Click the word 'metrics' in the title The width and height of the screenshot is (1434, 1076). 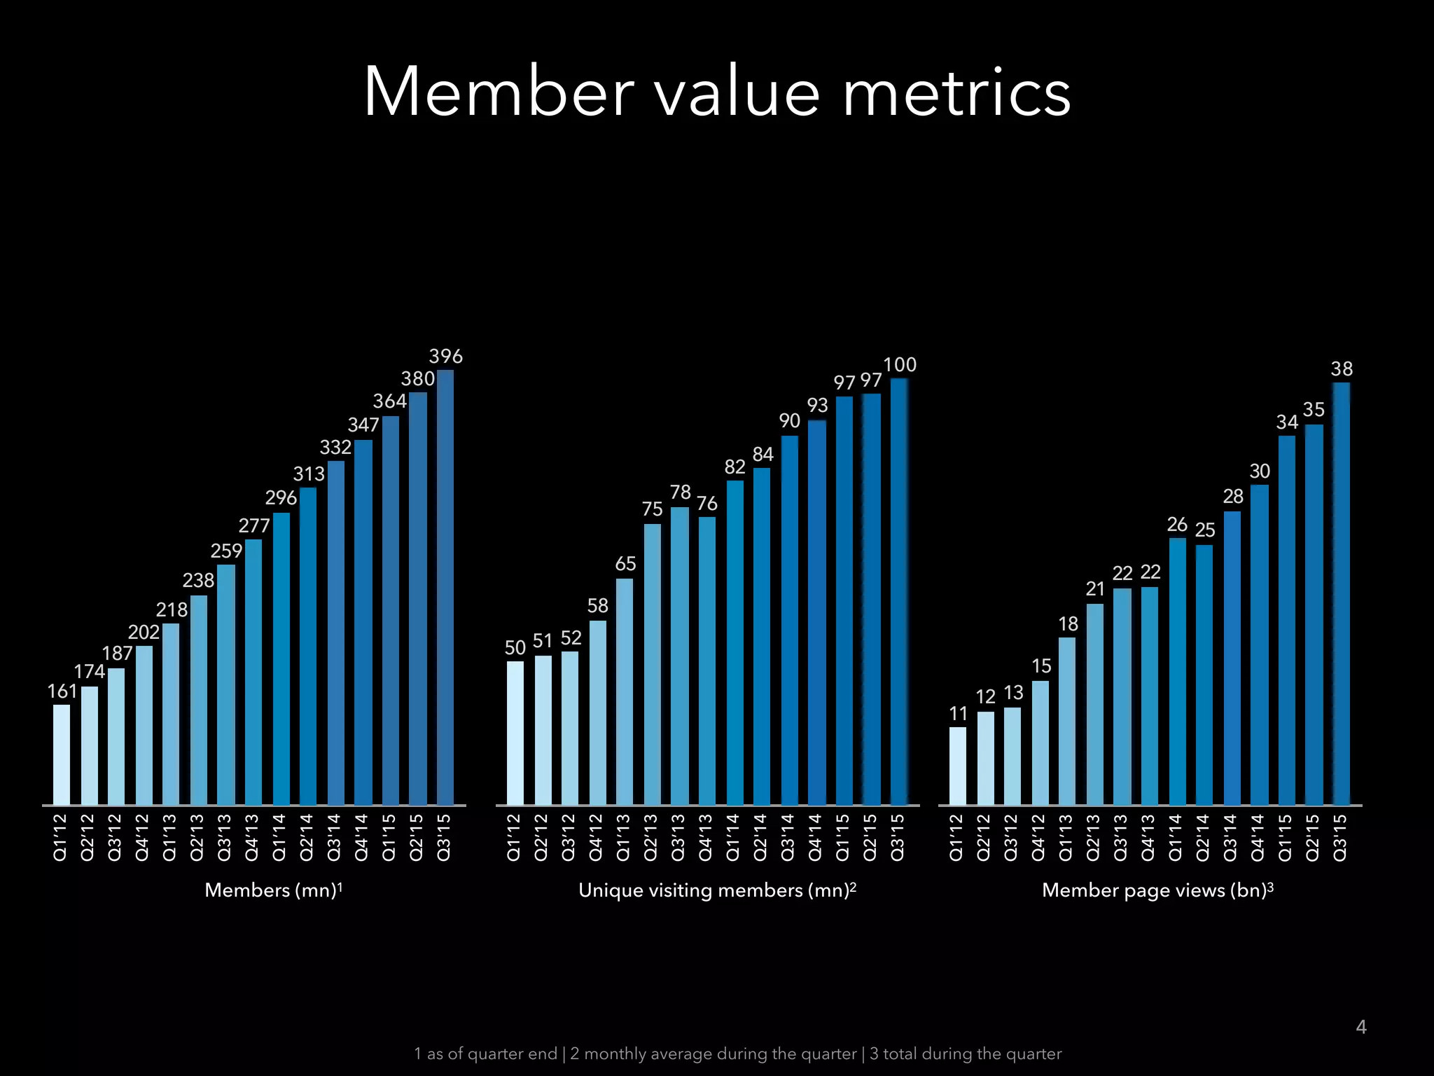(x=956, y=93)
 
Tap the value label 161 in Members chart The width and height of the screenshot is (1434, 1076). (x=62, y=691)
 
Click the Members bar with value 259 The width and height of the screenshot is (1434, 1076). (x=225, y=684)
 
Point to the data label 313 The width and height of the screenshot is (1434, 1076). (x=309, y=474)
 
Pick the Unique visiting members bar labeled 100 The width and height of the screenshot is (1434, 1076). (x=899, y=591)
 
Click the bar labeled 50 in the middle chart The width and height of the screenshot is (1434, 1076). (x=515, y=733)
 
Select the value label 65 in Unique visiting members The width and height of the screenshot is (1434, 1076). (x=625, y=564)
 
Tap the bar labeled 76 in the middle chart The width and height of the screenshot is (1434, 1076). (x=706, y=661)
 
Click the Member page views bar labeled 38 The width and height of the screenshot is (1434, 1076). (x=1341, y=593)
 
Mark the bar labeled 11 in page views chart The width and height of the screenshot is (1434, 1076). (x=957, y=766)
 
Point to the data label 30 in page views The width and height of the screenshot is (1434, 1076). (x=1260, y=471)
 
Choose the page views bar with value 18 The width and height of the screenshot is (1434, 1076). (x=1067, y=721)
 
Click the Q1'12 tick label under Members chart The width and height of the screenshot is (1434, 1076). (x=60, y=836)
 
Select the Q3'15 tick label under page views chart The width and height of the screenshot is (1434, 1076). (x=1339, y=836)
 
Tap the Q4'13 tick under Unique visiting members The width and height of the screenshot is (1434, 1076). (x=705, y=836)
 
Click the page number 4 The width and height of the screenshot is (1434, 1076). (x=1360, y=1027)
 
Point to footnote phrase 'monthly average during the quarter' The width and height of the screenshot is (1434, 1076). (x=713, y=1054)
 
